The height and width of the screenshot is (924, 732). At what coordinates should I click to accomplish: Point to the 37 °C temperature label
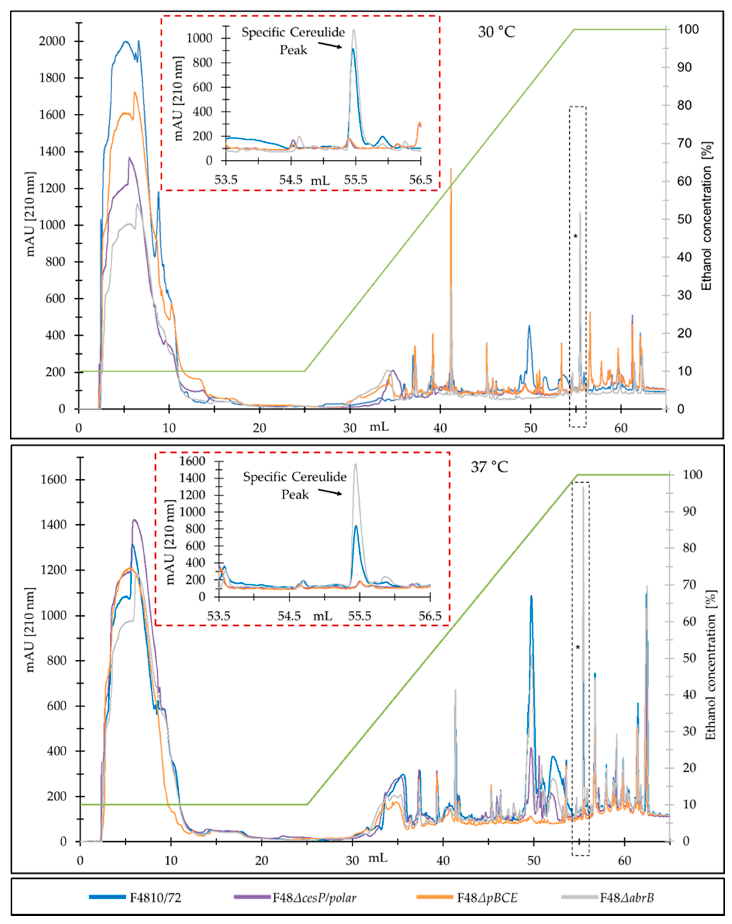[x=489, y=467]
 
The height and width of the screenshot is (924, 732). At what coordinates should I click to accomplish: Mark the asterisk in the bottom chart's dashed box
[x=578, y=647]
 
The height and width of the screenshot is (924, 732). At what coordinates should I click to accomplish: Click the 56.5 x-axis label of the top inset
[x=420, y=180]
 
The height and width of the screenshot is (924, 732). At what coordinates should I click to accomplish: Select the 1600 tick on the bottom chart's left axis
[x=54, y=479]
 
